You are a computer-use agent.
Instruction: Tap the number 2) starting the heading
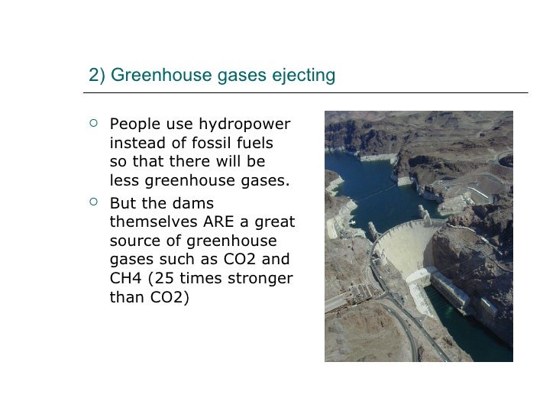pyautogui.click(x=96, y=76)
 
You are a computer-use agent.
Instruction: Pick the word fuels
pyautogui.click(x=255, y=144)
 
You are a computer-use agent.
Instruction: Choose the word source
pyautogui.click(x=134, y=241)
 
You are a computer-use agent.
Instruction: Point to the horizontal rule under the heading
pyautogui.click(x=305, y=93)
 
